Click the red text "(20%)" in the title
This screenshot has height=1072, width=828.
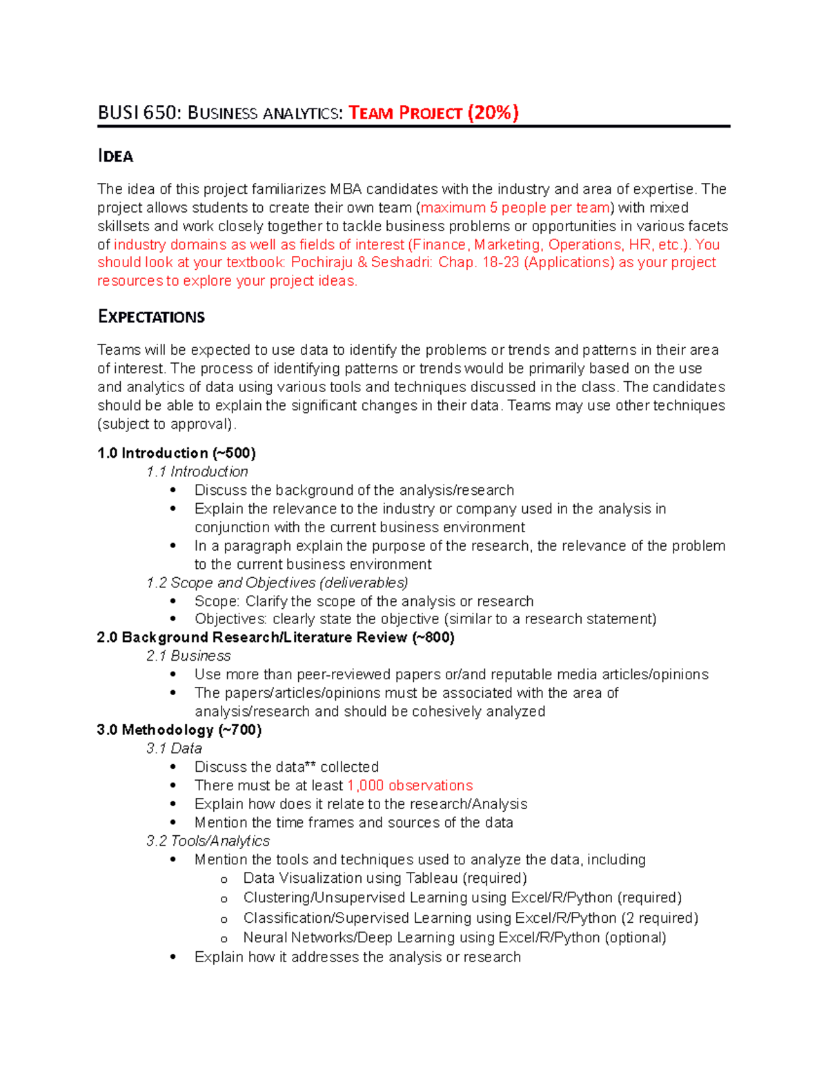(x=493, y=113)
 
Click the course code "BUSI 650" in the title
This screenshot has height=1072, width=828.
(x=137, y=113)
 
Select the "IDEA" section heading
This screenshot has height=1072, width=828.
(x=115, y=157)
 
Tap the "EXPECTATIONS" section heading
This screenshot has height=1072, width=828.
(x=151, y=317)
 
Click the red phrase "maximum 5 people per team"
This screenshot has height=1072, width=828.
(x=515, y=208)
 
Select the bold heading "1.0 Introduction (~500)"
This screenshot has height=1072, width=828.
(x=177, y=454)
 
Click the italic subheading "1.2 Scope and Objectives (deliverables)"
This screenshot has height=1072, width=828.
(x=277, y=583)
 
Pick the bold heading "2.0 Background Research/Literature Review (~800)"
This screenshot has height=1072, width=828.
(x=275, y=638)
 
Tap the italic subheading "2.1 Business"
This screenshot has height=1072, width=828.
(x=188, y=656)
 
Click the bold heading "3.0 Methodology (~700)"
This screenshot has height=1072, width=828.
(x=179, y=730)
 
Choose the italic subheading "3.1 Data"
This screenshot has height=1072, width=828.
(x=174, y=748)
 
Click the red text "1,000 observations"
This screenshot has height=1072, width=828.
(x=410, y=786)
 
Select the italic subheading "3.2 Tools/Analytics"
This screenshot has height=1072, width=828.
(x=208, y=841)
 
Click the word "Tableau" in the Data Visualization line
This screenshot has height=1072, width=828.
(x=432, y=878)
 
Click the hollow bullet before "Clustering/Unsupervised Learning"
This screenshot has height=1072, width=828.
(x=224, y=899)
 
